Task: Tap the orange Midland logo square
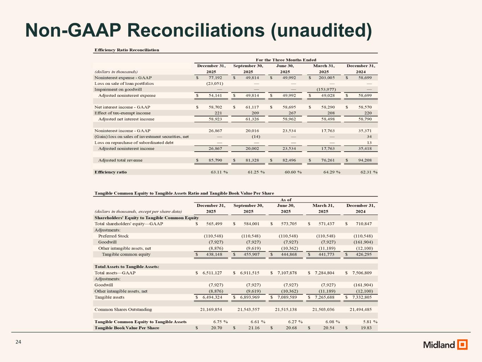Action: tap(462, 344)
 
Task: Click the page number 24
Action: tap(18, 342)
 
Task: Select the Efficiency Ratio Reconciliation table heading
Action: tap(127, 50)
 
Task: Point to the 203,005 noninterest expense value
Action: tap(324, 77)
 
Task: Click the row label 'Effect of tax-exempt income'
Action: tap(122, 113)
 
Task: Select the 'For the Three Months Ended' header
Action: tap(286, 60)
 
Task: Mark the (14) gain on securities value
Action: tap(256, 136)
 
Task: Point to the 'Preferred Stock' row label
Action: tap(113, 236)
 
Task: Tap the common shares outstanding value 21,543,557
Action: tap(248, 309)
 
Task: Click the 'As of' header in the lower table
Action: tap(286, 200)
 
